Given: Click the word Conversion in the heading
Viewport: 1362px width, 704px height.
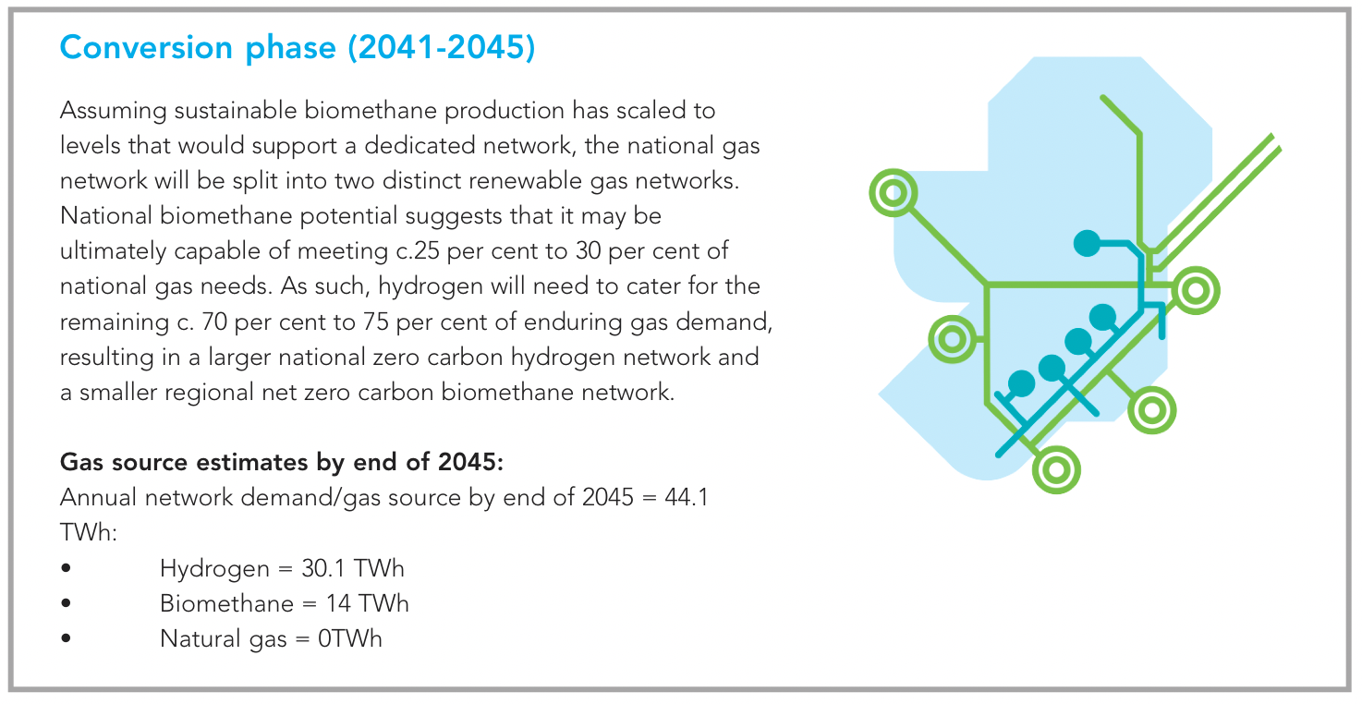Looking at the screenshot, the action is tap(146, 47).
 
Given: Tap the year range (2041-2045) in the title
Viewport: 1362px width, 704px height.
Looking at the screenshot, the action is tap(442, 47).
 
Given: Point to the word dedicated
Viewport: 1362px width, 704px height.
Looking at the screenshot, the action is tap(420, 146).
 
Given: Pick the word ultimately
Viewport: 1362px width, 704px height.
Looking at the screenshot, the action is tap(113, 252).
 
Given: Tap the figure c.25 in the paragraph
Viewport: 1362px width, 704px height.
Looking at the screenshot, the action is tap(418, 251).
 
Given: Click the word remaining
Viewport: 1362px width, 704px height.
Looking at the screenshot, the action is tap(115, 322).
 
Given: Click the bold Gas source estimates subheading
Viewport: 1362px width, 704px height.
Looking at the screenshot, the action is tap(282, 462).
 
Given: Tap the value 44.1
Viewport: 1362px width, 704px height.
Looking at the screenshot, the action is tap(687, 497).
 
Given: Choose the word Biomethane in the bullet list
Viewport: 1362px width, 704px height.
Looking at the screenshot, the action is tap(226, 603).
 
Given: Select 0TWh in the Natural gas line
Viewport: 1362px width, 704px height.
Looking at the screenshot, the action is tap(349, 639).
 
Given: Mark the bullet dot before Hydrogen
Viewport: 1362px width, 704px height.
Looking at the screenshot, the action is tap(67, 568).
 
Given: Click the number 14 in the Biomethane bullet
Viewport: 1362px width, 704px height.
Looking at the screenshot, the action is tap(337, 603).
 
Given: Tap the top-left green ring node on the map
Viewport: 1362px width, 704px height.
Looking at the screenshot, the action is tap(894, 193).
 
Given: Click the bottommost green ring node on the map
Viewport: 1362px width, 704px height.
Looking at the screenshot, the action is tap(1056, 469).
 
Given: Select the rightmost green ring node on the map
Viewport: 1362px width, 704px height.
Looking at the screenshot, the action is tap(1196, 291).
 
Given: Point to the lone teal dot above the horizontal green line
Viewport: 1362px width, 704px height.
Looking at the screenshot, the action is tap(1088, 243).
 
